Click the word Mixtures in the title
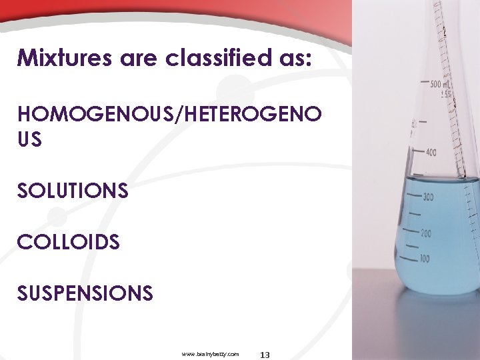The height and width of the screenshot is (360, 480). click(x=65, y=59)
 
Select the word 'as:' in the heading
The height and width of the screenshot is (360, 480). click(x=292, y=59)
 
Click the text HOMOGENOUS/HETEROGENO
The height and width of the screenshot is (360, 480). click(x=169, y=114)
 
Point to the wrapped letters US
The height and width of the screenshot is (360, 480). click(x=29, y=140)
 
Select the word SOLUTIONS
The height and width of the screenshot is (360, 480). click(x=73, y=191)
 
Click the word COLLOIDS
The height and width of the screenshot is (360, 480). click(x=69, y=242)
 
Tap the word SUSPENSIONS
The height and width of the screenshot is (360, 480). click(x=85, y=293)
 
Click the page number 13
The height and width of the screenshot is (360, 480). click(x=265, y=355)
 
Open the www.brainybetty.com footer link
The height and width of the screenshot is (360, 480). click(x=210, y=354)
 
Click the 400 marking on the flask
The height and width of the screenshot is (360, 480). click(x=431, y=153)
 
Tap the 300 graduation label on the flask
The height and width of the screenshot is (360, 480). click(x=426, y=197)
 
